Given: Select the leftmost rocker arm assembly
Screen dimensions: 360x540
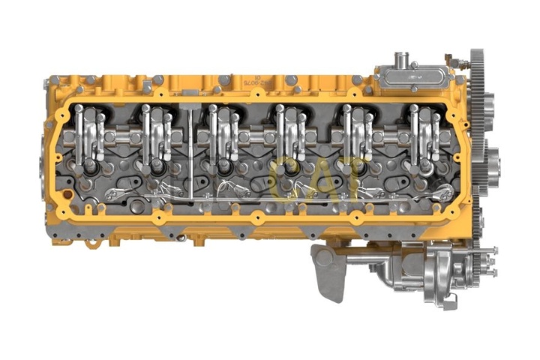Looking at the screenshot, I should tap(88, 135).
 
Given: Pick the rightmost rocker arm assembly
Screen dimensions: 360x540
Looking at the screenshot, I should tap(424, 135).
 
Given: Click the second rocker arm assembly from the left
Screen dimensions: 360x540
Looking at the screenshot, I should tap(156, 135).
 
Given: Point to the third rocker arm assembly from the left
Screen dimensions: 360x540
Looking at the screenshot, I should tap(223, 135).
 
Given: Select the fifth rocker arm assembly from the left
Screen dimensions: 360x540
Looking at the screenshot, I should tap(358, 135).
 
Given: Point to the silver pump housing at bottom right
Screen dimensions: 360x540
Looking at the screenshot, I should tap(439, 277).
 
